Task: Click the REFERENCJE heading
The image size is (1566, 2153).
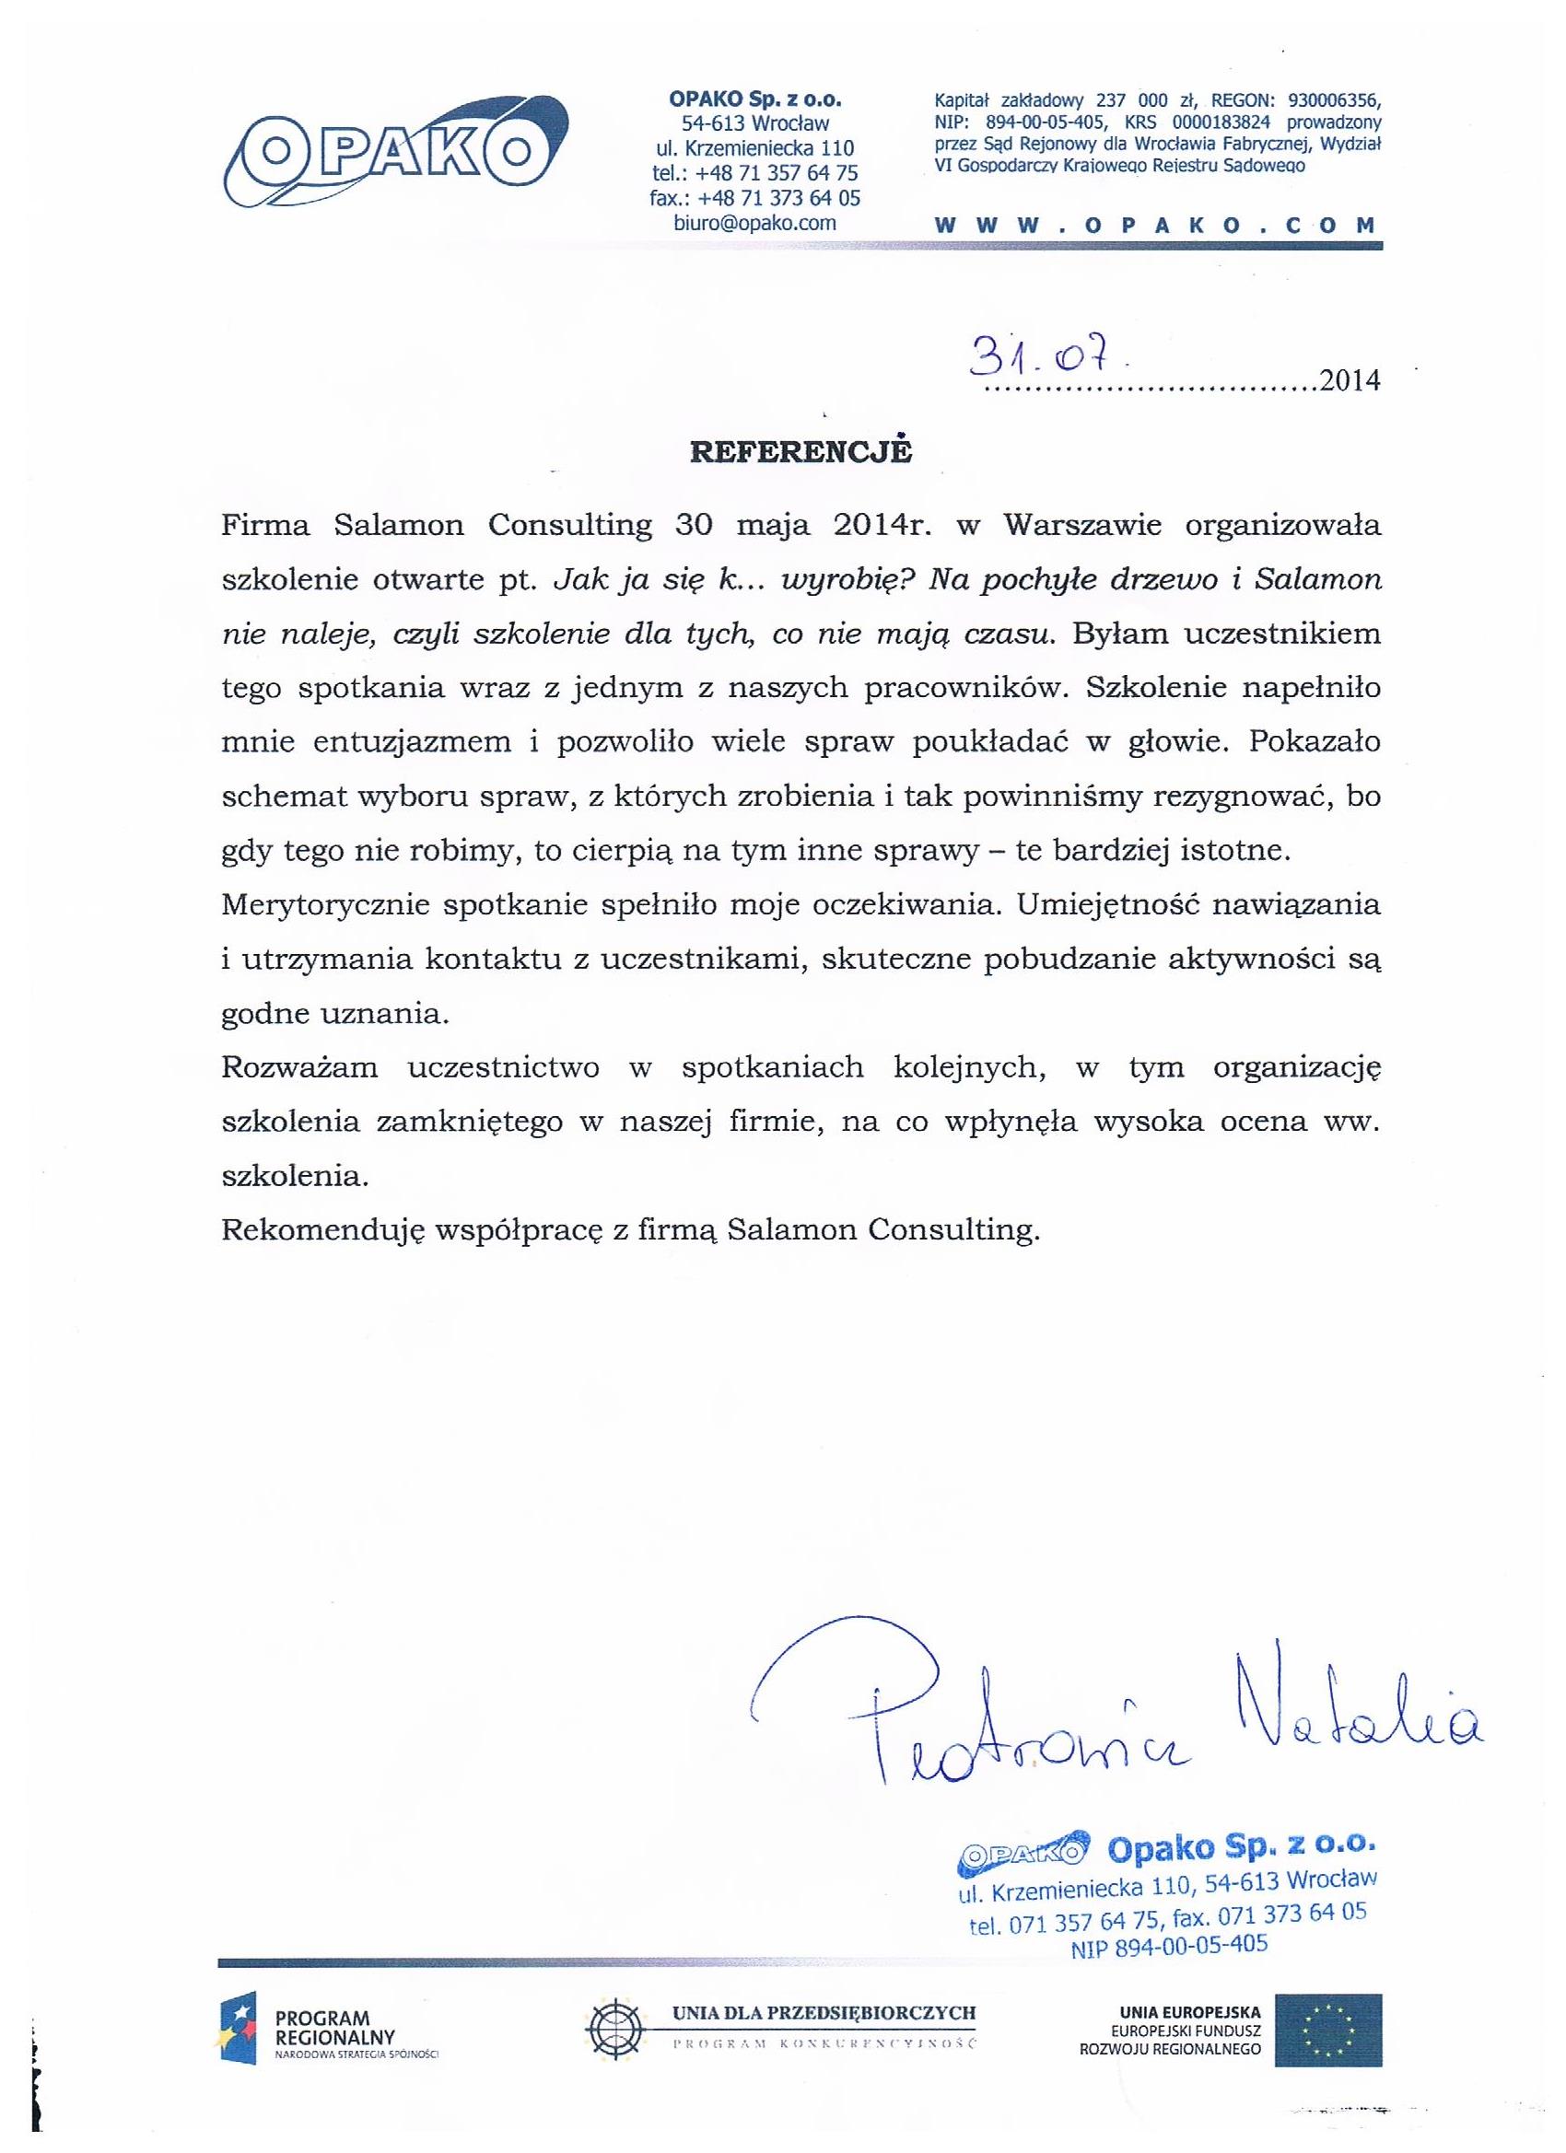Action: coord(800,452)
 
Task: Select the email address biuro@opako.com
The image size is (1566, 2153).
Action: coord(755,223)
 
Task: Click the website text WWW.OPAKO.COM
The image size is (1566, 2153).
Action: coord(1156,226)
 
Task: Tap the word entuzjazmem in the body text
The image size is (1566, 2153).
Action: coord(412,742)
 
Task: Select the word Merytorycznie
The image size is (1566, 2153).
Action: coord(326,904)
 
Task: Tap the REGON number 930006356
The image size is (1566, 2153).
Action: coord(1334,99)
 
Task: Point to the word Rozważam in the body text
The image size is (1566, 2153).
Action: coord(299,1068)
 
